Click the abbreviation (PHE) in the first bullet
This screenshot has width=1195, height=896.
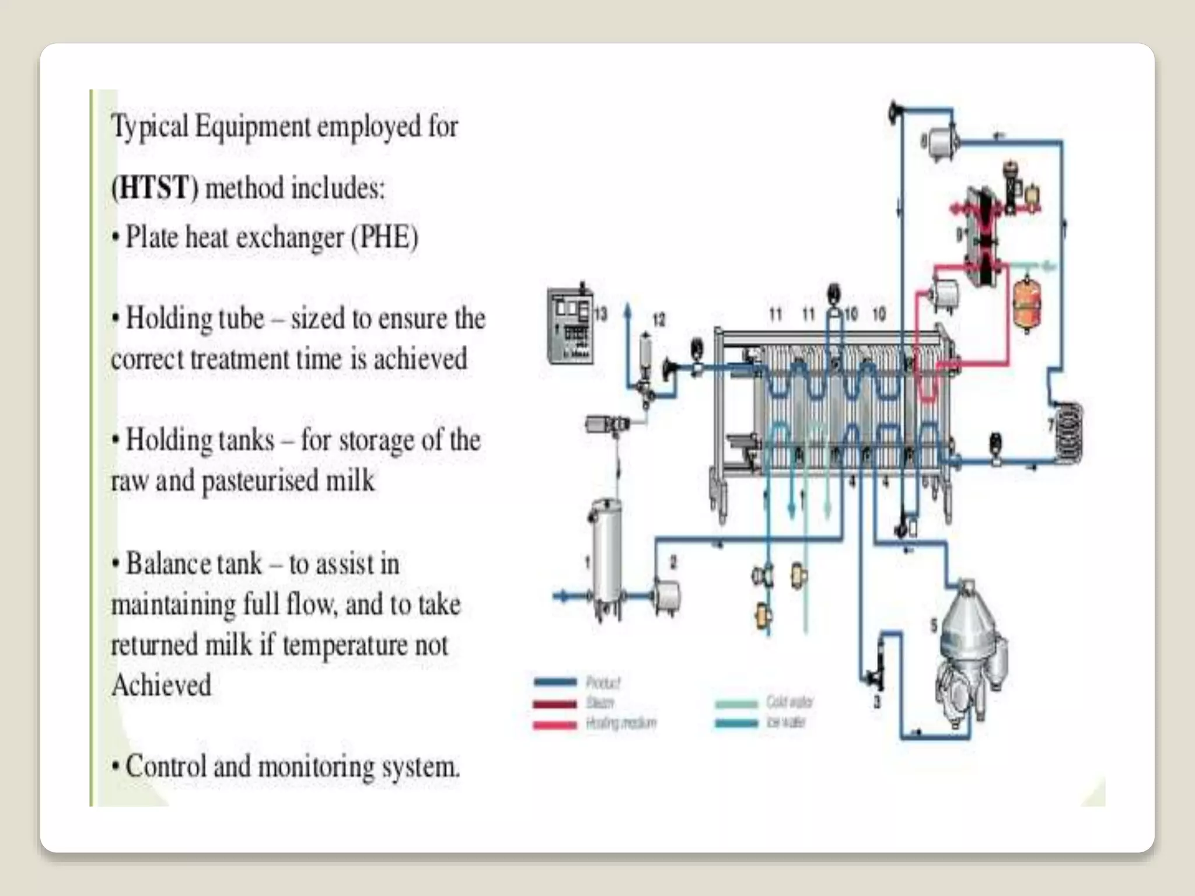385,237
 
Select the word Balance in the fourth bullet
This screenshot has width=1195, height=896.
165,564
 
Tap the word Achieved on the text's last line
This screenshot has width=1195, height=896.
162,685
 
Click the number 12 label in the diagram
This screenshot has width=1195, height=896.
658,320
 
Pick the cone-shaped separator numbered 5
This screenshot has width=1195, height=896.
969,642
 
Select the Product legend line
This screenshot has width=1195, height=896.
555,681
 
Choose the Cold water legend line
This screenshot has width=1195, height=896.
736,703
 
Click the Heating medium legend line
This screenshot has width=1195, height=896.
555,724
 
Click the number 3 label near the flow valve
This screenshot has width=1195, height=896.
876,702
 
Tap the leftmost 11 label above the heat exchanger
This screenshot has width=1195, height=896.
775,315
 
